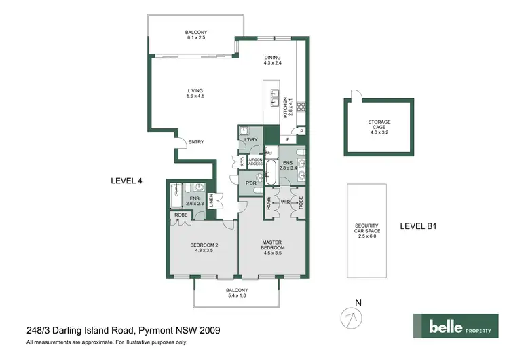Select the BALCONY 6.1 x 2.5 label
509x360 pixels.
coord(195,35)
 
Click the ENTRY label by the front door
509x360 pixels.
coord(196,142)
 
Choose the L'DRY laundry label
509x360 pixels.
coord(251,140)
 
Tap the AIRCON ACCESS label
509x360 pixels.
coord(255,162)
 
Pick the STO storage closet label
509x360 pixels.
coord(238,162)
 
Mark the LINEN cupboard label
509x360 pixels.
coord(211,201)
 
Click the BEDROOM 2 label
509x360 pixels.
coord(204,247)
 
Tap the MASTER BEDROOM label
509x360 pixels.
coord(274,245)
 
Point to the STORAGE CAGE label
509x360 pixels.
coord(379,126)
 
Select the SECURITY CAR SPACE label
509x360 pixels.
coord(366,230)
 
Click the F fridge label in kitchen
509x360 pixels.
coord(288,140)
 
